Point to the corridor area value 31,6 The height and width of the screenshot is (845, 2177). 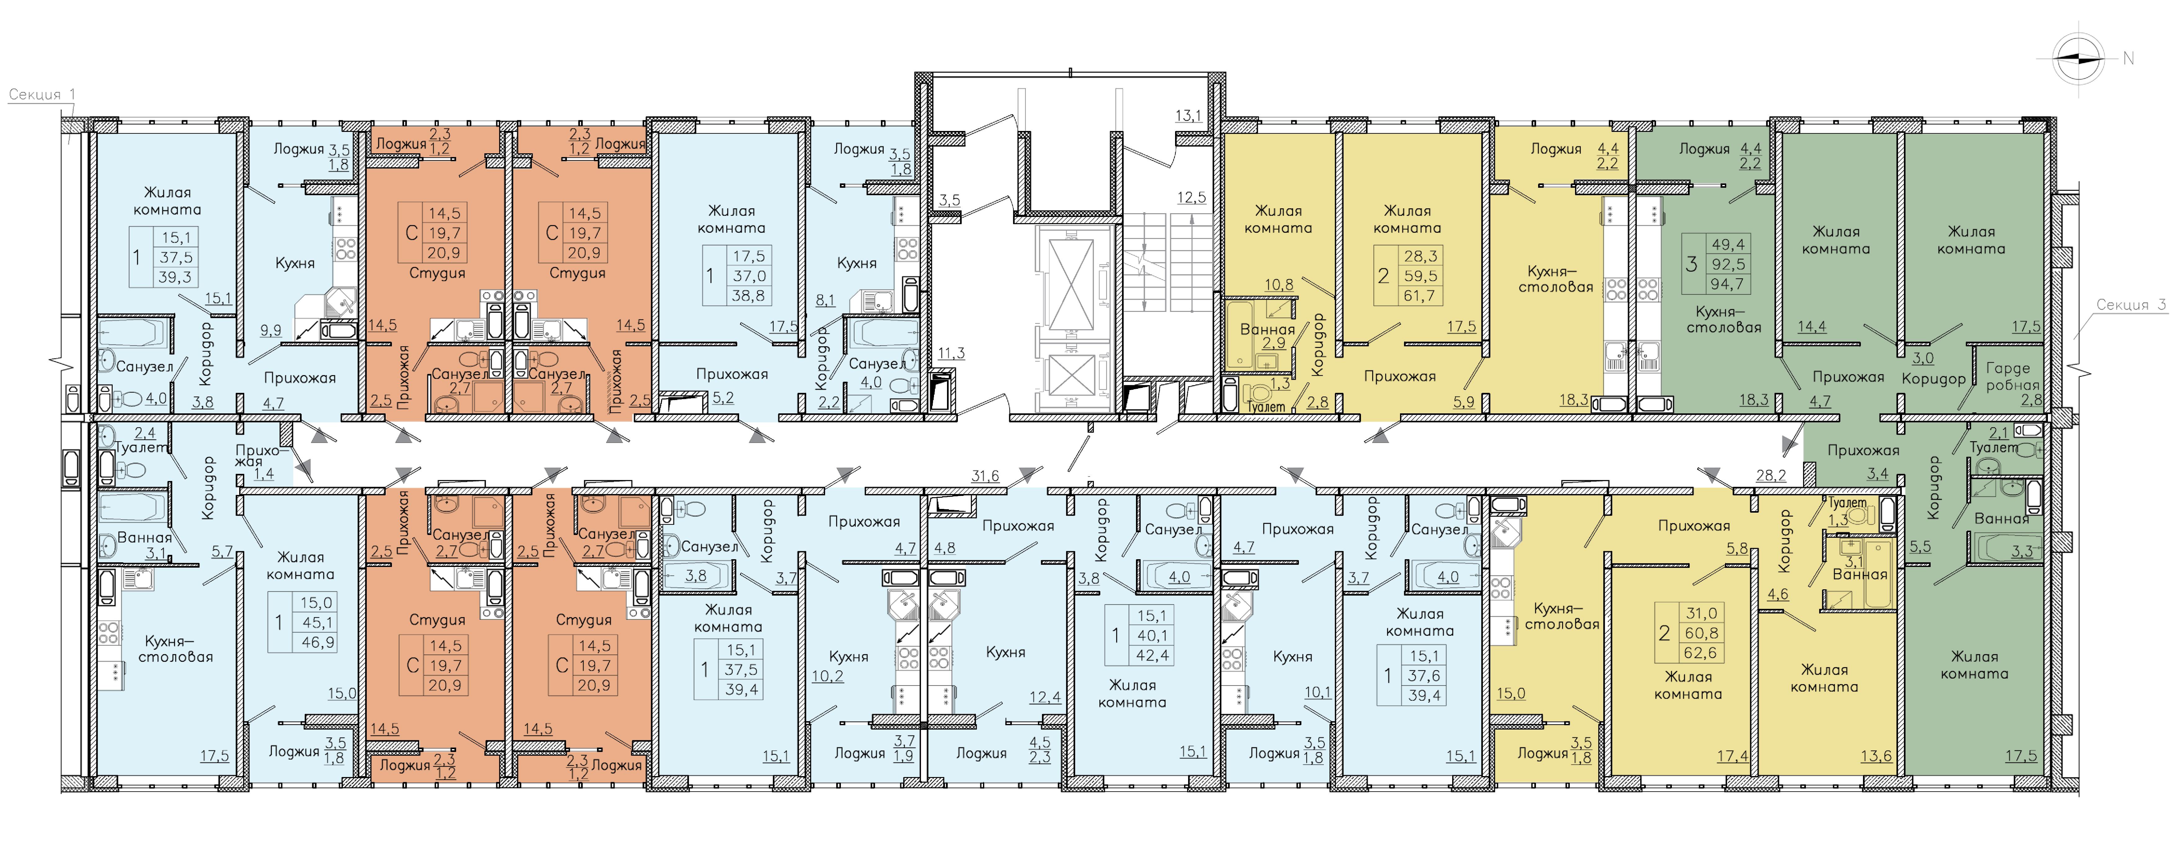(x=985, y=476)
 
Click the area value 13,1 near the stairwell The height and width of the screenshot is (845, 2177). (x=1188, y=116)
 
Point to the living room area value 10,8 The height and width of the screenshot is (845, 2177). (x=1279, y=285)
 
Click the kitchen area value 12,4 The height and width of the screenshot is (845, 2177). (x=1044, y=697)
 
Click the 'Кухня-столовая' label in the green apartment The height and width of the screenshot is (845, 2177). (x=1724, y=319)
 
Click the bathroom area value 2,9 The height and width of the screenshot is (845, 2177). (x=1273, y=343)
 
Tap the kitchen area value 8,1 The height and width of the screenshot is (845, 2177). (x=825, y=300)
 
